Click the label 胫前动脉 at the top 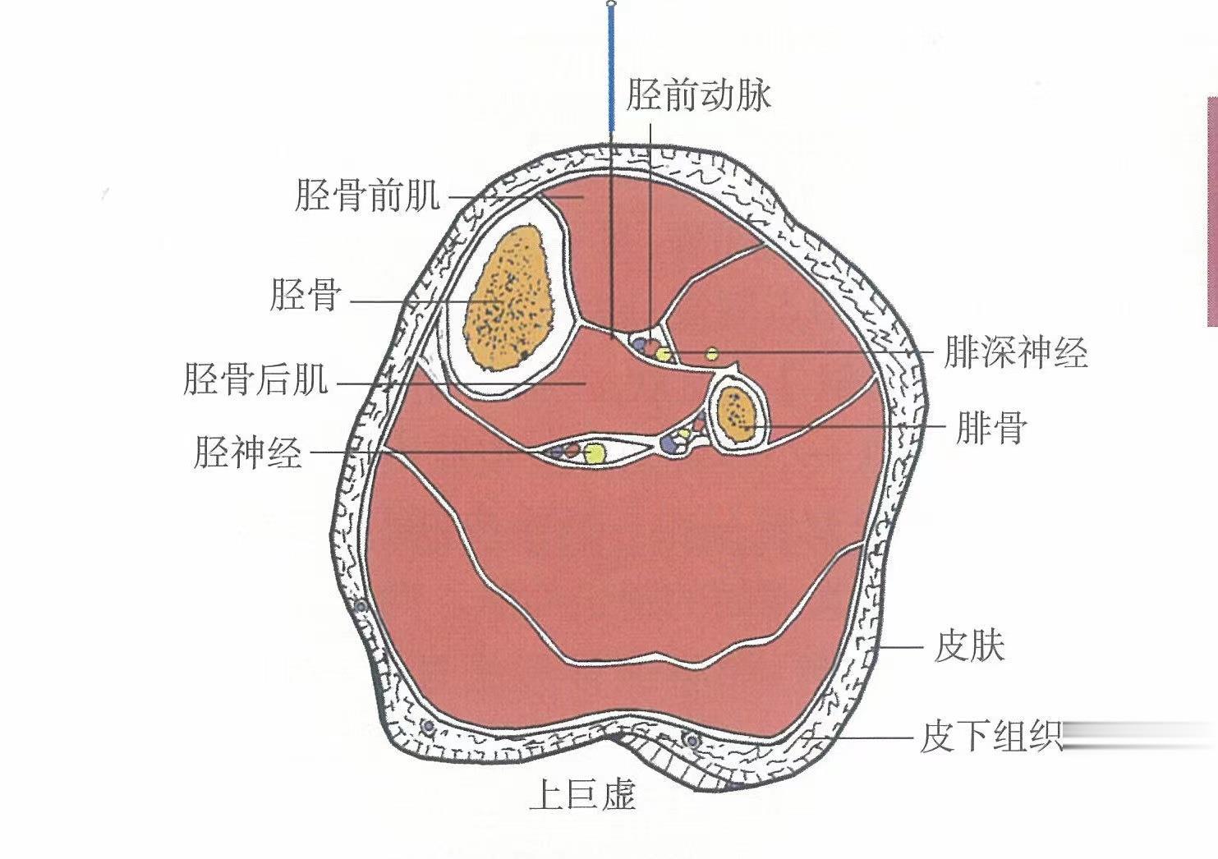coord(698,95)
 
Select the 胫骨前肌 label coord(367,197)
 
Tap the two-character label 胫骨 coord(305,295)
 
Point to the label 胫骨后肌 coord(255,380)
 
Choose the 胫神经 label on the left coord(248,452)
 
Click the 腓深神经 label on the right coord(1015,353)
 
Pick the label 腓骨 coord(991,428)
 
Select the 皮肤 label coord(970,647)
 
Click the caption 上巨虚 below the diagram coord(582,795)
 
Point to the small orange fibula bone coord(736,411)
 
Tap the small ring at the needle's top coord(610,5)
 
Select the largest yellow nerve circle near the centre coord(595,452)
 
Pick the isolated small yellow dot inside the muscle coord(713,354)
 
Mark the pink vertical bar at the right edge coord(1211,210)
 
